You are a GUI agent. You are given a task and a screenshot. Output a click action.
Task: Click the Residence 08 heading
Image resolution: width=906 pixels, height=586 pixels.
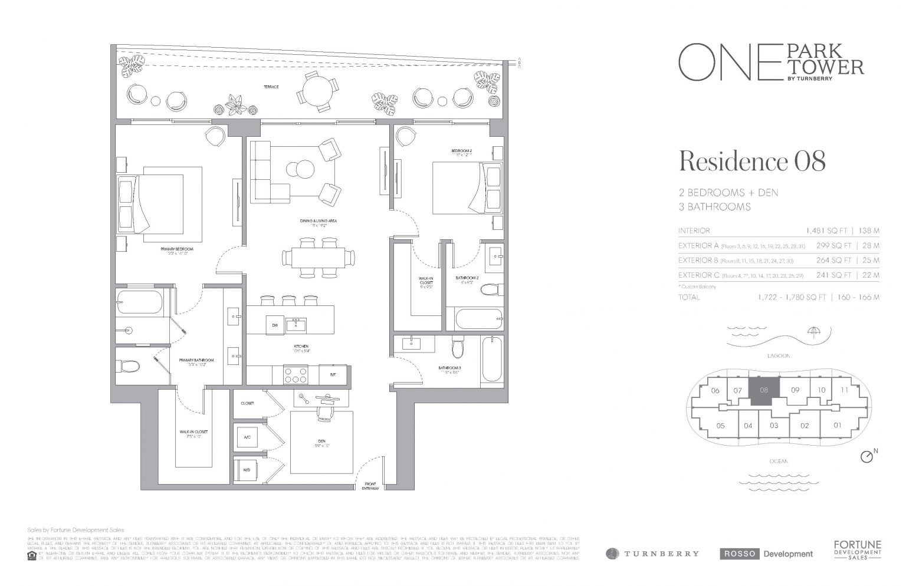pyautogui.click(x=752, y=161)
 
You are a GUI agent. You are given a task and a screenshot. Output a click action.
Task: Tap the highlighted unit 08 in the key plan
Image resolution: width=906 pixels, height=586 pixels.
pyautogui.click(x=764, y=390)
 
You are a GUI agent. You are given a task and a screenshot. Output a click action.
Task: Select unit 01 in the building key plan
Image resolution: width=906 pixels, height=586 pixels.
pyautogui.click(x=836, y=425)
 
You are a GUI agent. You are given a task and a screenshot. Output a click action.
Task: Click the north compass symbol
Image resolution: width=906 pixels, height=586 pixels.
pyautogui.click(x=866, y=457)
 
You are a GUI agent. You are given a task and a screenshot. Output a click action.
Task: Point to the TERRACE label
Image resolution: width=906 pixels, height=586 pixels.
pyautogui.click(x=271, y=87)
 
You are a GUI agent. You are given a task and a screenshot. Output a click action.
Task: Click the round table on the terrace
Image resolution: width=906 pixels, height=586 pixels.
pyautogui.click(x=314, y=91)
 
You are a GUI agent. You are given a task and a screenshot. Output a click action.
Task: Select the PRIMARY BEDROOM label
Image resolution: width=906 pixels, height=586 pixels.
pyautogui.click(x=177, y=249)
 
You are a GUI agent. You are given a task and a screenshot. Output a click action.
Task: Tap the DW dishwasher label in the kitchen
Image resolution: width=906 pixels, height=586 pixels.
pyautogui.click(x=274, y=325)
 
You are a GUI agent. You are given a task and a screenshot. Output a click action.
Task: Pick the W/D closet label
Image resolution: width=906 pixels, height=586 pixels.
pyautogui.click(x=246, y=470)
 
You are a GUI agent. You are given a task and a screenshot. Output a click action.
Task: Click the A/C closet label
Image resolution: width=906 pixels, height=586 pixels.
pyautogui.click(x=247, y=437)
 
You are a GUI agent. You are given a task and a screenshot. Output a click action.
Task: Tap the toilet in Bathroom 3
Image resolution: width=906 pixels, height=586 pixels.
pyautogui.click(x=457, y=350)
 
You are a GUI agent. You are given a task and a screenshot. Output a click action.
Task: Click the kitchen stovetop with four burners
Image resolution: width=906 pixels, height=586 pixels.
pyautogui.click(x=294, y=374)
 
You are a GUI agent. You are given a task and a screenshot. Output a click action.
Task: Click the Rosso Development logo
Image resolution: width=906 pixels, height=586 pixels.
pyautogui.click(x=766, y=554)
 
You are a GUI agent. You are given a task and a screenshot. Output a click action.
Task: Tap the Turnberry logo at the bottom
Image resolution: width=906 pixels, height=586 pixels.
pyautogui.click(x=652, y=554)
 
